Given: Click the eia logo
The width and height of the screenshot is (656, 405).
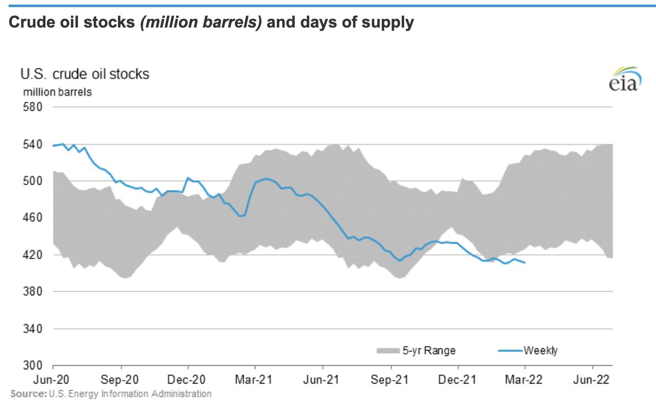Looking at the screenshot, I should [624, 80].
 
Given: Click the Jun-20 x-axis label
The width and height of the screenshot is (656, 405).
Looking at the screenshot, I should [53, 381].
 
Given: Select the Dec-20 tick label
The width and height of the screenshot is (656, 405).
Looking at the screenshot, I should [188, 381].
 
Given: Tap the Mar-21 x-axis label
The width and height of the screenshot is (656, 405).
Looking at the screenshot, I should [255, 381].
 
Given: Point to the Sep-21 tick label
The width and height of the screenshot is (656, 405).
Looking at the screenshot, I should [391, 381].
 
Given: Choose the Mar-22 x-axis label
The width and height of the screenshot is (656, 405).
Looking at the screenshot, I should [525, 381].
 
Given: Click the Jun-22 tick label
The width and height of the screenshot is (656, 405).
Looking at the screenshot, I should [592, 381].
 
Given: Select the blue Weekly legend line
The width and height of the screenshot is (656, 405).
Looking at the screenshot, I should [510, 350].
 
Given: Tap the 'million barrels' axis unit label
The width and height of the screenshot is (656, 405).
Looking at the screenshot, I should [56, 92].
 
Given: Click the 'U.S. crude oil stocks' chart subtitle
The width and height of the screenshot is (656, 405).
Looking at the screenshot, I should [85, 74].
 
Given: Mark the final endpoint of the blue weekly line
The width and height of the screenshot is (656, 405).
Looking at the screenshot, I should [525, 263].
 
